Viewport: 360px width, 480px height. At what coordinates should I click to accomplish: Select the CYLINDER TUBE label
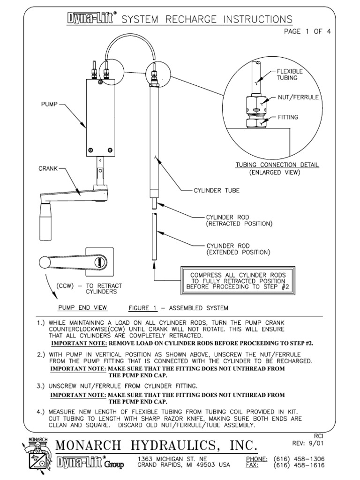[x=217, y=191]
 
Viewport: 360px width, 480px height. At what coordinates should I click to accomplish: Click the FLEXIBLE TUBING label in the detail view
[x=289, y=75]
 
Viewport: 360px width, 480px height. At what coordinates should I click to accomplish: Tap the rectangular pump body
[x=99, y=117]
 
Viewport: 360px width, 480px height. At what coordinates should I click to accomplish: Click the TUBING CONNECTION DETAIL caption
[x=277, y=165]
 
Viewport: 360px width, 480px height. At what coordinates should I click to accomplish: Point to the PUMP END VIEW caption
[x=82, y=308]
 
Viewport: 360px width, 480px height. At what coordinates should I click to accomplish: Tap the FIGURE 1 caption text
[x=178, y=308]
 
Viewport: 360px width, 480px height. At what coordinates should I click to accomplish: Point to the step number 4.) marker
[x=42, y=412]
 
